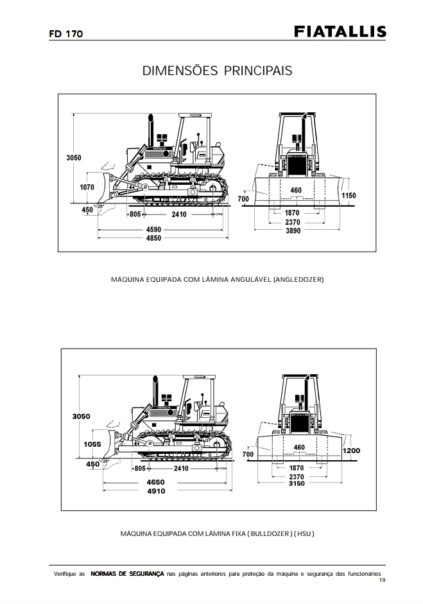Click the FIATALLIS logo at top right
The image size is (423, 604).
click(340, 32)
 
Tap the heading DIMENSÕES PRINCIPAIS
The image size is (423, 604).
click(217, 71)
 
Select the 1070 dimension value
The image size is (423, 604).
click(87, 187)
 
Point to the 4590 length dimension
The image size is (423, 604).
click(153, 229)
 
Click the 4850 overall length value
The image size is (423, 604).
click(153, 238)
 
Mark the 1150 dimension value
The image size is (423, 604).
click(349, 195)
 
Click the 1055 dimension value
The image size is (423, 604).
click(92, 444)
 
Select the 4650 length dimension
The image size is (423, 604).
click(156, 482)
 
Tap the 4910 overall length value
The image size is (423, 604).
click(156, 491)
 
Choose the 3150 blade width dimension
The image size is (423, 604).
click(297, 483)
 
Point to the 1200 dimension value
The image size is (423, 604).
click(352, 451)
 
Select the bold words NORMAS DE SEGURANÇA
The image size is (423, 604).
click(128, 573)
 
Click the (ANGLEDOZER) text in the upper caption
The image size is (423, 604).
click(298, 280)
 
